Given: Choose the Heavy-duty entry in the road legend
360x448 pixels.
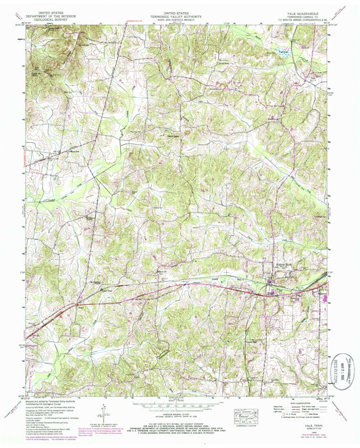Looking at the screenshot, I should point(276,405).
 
